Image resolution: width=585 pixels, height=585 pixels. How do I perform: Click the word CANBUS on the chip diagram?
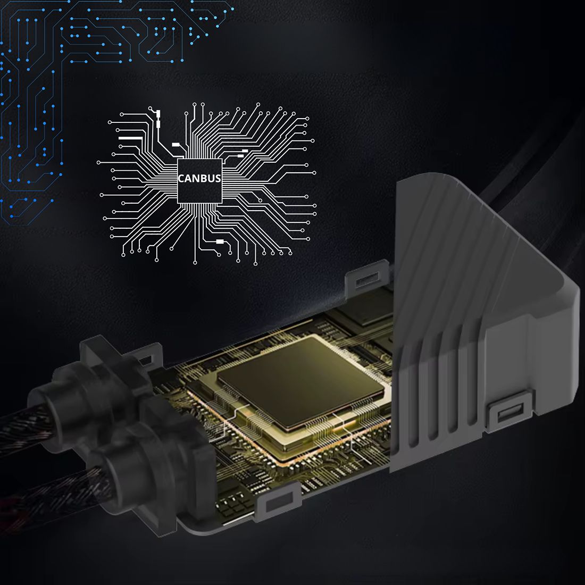click(x=199, y=179)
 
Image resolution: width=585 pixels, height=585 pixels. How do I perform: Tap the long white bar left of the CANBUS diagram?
click(x=130, y=138)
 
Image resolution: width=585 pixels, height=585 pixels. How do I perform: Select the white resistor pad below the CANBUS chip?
click(x=220, y=241)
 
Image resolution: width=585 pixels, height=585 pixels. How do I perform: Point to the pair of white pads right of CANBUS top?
click(x=242, y=154)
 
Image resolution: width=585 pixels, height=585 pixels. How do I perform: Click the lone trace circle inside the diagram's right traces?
click(x=260, y=200)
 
